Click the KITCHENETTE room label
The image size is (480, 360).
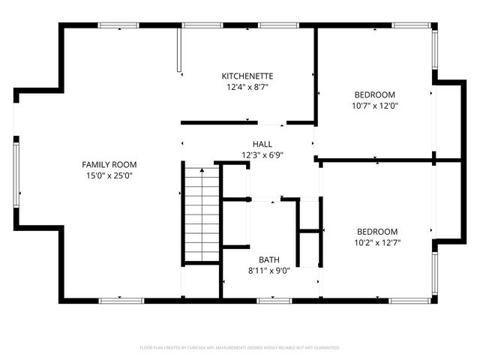pyautogui.click(x=247, y=76)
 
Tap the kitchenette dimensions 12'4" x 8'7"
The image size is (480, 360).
pyautogui.click(x=247, y=87)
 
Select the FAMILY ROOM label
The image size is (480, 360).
pyautogui.click(x=109, y=163)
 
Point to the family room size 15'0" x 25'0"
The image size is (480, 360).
pyautogui.click(x=109, y=175)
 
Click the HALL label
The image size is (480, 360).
pyautogui.click(x=262, y=144)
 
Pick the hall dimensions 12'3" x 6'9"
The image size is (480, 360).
pyautogui.click(x=262, y=155)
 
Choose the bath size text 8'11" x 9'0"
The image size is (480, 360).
pyautogui.click(x=269, y=270)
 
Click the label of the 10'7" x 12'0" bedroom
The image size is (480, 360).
pyautogui.click(x=375, y=94)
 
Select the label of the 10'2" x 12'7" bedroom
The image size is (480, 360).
pyautogui.click(x=377, y=232)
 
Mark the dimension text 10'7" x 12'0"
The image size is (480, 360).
pyautogui.click(x=375, y=106)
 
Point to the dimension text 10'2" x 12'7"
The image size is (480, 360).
pyautogui.click(x=377, y=243)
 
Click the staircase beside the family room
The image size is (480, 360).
pyautogui.click(x=201, y=214)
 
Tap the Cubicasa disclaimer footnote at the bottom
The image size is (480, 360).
pyautogui.click(x=240, y=348)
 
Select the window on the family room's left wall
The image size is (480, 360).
pyautogui.click(x=15, y=175)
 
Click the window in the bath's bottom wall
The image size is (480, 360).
pyautogui.click(x=274, y=301)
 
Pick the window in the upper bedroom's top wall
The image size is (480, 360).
pyautogui.click(x=410, y=26)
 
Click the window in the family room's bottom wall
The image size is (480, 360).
pyautogui.click(x=121, y=301)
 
